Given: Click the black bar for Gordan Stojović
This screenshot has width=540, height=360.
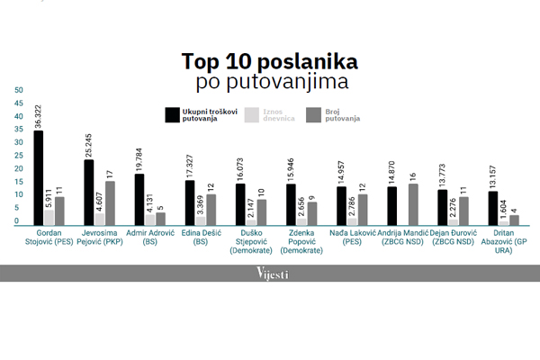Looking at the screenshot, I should point(38,177).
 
